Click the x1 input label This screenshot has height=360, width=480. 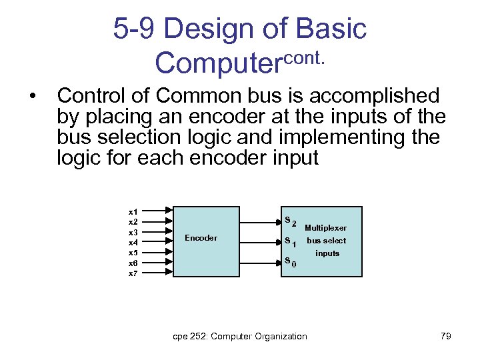133,211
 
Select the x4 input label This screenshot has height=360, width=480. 133,242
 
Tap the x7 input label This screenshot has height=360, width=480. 133,273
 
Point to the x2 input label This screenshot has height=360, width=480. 133,221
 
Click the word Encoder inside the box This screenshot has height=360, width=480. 201,238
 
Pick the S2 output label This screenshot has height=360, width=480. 290,221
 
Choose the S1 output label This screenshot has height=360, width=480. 290,242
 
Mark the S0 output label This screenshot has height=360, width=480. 290,261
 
